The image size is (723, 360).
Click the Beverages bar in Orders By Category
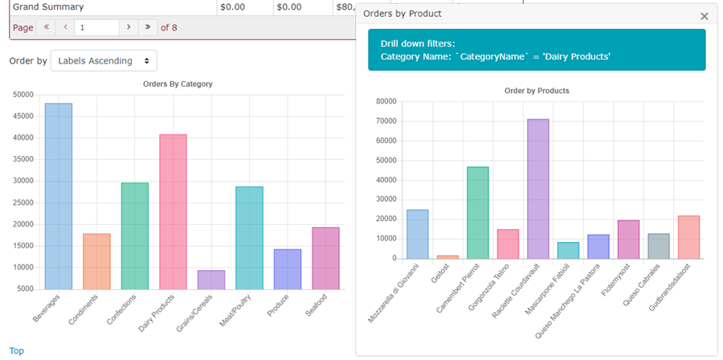click(59, 196)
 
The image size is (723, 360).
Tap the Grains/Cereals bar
click(211, 280)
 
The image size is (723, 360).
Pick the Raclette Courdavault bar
click(538, 189)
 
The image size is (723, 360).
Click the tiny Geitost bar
click(448, 256)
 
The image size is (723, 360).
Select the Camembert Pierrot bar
click(478, 212)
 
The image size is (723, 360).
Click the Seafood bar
click(325, 258)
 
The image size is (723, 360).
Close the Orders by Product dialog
click(705, 16)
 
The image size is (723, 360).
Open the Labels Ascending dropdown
click(104, 60)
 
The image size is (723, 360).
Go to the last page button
click(147, 27)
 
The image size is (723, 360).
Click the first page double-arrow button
click(47, 27)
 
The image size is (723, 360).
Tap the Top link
click(16, 351)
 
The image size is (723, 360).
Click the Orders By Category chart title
click(177, 84)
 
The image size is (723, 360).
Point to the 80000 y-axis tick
click(386, 102)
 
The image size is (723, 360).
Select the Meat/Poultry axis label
click(232, 310)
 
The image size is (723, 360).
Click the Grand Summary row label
click(48, 6)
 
